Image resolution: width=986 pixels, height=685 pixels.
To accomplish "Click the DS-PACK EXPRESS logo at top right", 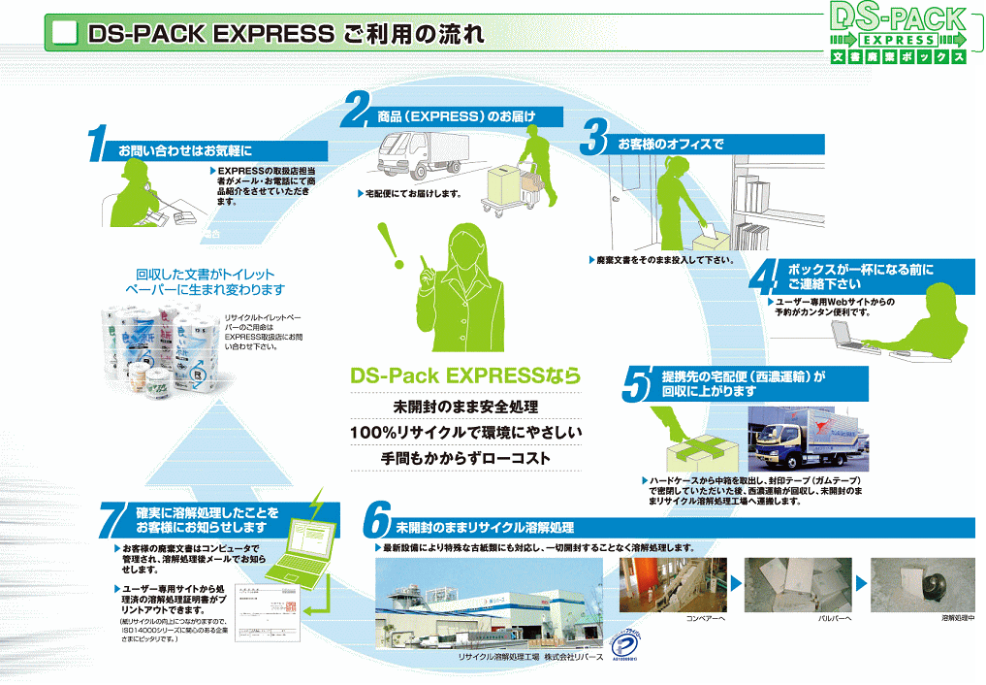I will coord(900,34).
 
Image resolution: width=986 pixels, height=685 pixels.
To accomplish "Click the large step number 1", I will coord(96,144).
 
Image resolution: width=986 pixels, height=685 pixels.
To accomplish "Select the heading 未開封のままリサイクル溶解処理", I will coord(485,528).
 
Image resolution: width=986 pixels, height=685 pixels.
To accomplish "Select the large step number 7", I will coord(114,520).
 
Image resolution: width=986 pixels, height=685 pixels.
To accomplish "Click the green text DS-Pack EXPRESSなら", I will coord(464,375).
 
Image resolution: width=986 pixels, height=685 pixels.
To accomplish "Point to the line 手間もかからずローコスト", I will coord(464,457).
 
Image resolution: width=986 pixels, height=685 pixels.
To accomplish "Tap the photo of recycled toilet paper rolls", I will coord(160,349).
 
